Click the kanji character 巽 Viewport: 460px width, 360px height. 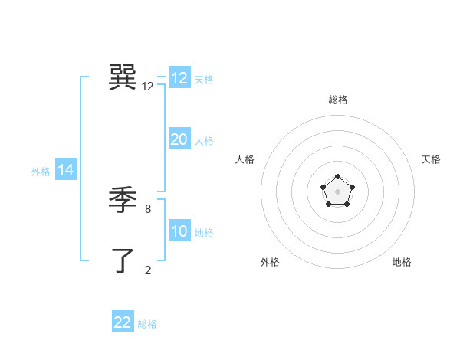(123, 78)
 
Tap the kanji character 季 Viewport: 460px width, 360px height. (123, 201)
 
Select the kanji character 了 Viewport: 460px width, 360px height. (123, 261)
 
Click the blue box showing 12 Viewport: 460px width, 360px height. (179, 78)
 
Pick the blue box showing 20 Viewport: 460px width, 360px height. (179, 139)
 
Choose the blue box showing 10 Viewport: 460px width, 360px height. (179, 231)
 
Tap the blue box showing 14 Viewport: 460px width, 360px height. (66, 170)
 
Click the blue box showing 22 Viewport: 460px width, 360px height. (123, 322)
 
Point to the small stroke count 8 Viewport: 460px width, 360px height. (148, 208)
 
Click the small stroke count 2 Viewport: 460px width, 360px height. (148, 270)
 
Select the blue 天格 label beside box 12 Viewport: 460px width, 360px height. (204, 80)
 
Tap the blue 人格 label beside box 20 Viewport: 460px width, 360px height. (204, 141)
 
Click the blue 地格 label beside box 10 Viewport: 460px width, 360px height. (204, 233)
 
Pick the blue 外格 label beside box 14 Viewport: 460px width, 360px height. (41, 172)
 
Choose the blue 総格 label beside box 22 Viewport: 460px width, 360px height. (147, 324)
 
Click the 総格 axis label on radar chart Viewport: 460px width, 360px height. (337, 100)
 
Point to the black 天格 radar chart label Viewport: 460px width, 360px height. (431, 159)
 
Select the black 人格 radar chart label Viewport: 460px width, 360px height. (245, 159)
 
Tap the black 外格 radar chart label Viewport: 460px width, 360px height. (270, 262)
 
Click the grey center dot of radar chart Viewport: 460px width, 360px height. (337, 191)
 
